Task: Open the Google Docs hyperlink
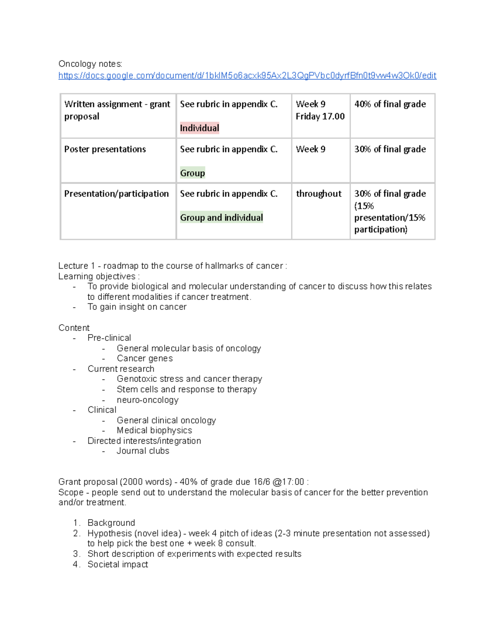(x=247, y=75)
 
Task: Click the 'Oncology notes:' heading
(x=90, y=64)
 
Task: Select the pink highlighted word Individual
(x=199, y=128)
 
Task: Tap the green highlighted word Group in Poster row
(x=192, y=173)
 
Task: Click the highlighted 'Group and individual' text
(x=221, y=218)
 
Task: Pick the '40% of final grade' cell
(x=390, y=104)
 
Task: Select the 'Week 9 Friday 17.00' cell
(x=320, y=110)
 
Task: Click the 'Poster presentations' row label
(x=105, y=149)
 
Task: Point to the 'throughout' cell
(x=318, y=194)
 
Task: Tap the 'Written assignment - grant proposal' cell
(x=117, y=110)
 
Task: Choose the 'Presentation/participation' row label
(x=116, y=194)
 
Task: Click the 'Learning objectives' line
(x=99, y=276)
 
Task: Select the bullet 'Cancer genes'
(x=145, y=358)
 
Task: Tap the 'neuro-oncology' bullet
(x=147, y=400)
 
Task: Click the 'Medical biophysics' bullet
(x=154, y=430)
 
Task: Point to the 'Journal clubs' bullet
(x=143, y=451)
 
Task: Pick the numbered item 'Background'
(x=111, y=523)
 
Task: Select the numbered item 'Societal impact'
(x=118, y=564)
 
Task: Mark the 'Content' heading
(x=74, y=328)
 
